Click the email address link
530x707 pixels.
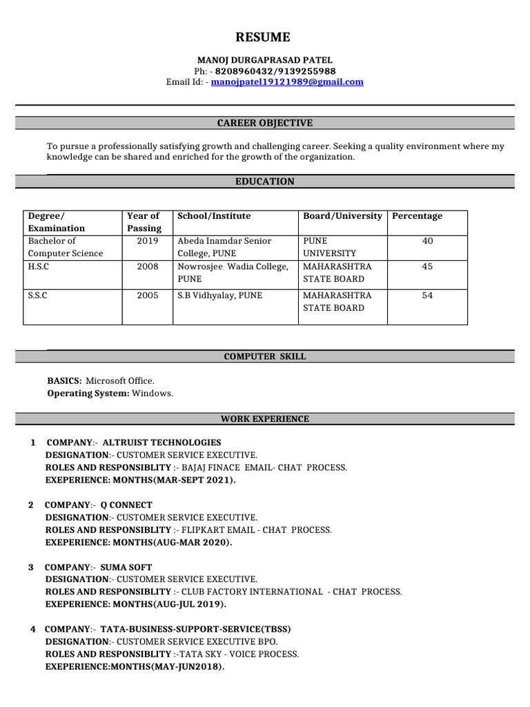(287, 82)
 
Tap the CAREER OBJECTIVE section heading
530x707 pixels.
(264, 123)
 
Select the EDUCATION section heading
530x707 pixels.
(264, 182)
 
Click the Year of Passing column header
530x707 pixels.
(144, 222)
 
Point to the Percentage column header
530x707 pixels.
(417, 216)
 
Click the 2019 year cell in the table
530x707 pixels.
(147, 241)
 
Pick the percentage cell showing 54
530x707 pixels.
(427, 296)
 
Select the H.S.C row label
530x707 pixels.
(38, 267)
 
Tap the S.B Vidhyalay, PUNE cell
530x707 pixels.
(219, 296)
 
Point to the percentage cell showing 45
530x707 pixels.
(427, 267)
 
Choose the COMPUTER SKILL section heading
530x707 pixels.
(264, 357)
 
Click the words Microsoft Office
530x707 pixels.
(120, 380)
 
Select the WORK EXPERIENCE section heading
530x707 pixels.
(264, 419)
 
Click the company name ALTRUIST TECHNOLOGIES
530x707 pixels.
(161, 443)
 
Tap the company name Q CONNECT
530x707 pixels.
(126, 505)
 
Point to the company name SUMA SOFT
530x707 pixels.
(126, 568)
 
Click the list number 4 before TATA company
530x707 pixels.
(33, 630)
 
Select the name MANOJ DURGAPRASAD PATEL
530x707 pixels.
(264, 61)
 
